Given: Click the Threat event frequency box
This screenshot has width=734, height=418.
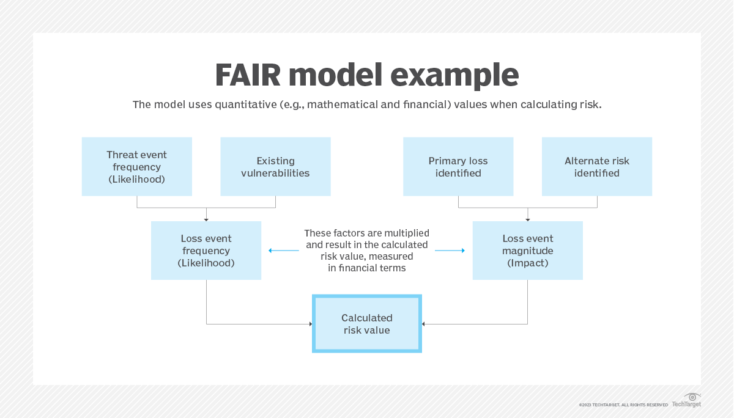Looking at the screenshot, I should tap(136, 166).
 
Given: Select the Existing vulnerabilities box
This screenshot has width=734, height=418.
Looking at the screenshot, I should tap(275, 166).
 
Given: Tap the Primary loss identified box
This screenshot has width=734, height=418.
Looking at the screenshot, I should tap(458, 166).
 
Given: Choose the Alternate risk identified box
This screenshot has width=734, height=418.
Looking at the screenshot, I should tap(596, 166).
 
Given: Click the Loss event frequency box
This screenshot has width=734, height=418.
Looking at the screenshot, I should tap(206, 251).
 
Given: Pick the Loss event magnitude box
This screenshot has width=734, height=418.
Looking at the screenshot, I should tap(527, 251).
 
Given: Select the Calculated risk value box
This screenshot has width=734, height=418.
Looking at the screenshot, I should tap(367, 324).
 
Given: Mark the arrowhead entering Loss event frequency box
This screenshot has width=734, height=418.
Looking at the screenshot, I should tap(206, 219).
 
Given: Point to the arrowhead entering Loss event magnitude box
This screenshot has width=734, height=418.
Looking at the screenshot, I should tap(527, 219).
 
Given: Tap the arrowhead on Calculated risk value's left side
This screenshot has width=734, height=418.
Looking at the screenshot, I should tap(310, 324).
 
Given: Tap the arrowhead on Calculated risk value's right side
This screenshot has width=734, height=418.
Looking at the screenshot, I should tap(424, 324).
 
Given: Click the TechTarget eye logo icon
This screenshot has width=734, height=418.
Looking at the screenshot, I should tap(692, 397).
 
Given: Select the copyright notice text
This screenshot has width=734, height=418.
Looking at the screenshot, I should tap(623, 405).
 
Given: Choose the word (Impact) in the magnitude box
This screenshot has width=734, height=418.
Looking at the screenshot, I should tap(527, 263).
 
